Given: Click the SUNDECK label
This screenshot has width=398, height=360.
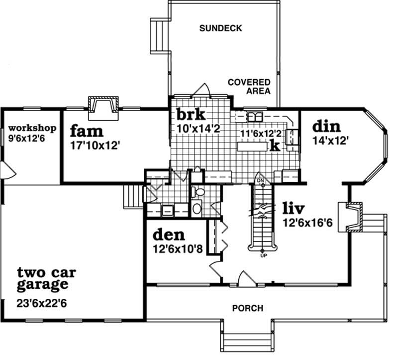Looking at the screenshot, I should [220, 28].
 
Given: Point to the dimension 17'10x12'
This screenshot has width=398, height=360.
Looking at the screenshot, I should [96, 146].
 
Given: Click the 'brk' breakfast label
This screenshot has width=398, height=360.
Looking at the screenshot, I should [191, 115].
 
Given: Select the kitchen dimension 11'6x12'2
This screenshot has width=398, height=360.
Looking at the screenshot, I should [261, 133].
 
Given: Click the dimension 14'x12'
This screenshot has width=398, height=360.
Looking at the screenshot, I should [329, 140].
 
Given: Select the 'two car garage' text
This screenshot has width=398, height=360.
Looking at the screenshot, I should [42, 278].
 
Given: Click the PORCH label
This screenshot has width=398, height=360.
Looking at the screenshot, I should [247, 308].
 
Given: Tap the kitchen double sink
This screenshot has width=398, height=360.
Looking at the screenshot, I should [256, 116].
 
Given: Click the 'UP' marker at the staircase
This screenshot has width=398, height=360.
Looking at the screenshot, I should [263, 256].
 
